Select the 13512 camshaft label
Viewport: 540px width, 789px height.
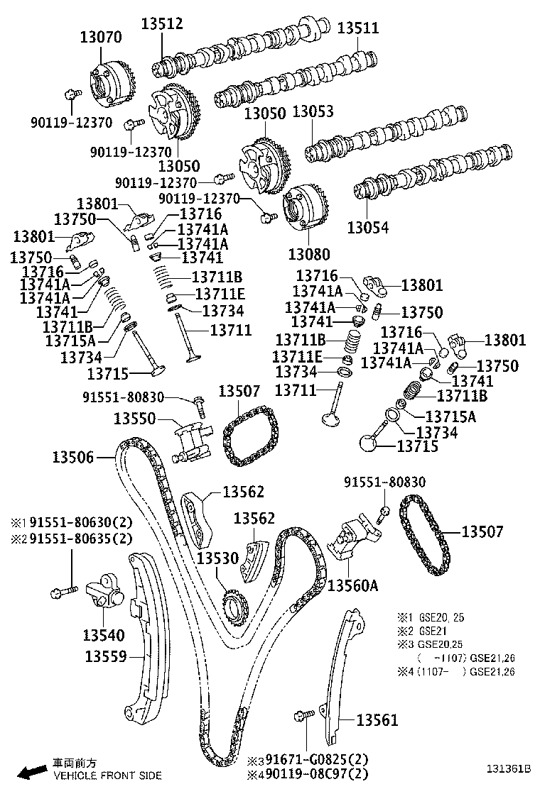point(161,23)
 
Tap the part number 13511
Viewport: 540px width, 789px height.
point(357,28)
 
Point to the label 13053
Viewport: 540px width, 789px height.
point(313,112)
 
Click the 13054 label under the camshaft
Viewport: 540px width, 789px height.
point(368,227)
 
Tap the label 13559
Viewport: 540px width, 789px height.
point(107,656)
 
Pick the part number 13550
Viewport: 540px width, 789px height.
point(136,419)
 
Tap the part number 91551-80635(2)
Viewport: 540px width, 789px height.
point(81,538)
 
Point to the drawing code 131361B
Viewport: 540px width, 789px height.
point(509,768)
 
